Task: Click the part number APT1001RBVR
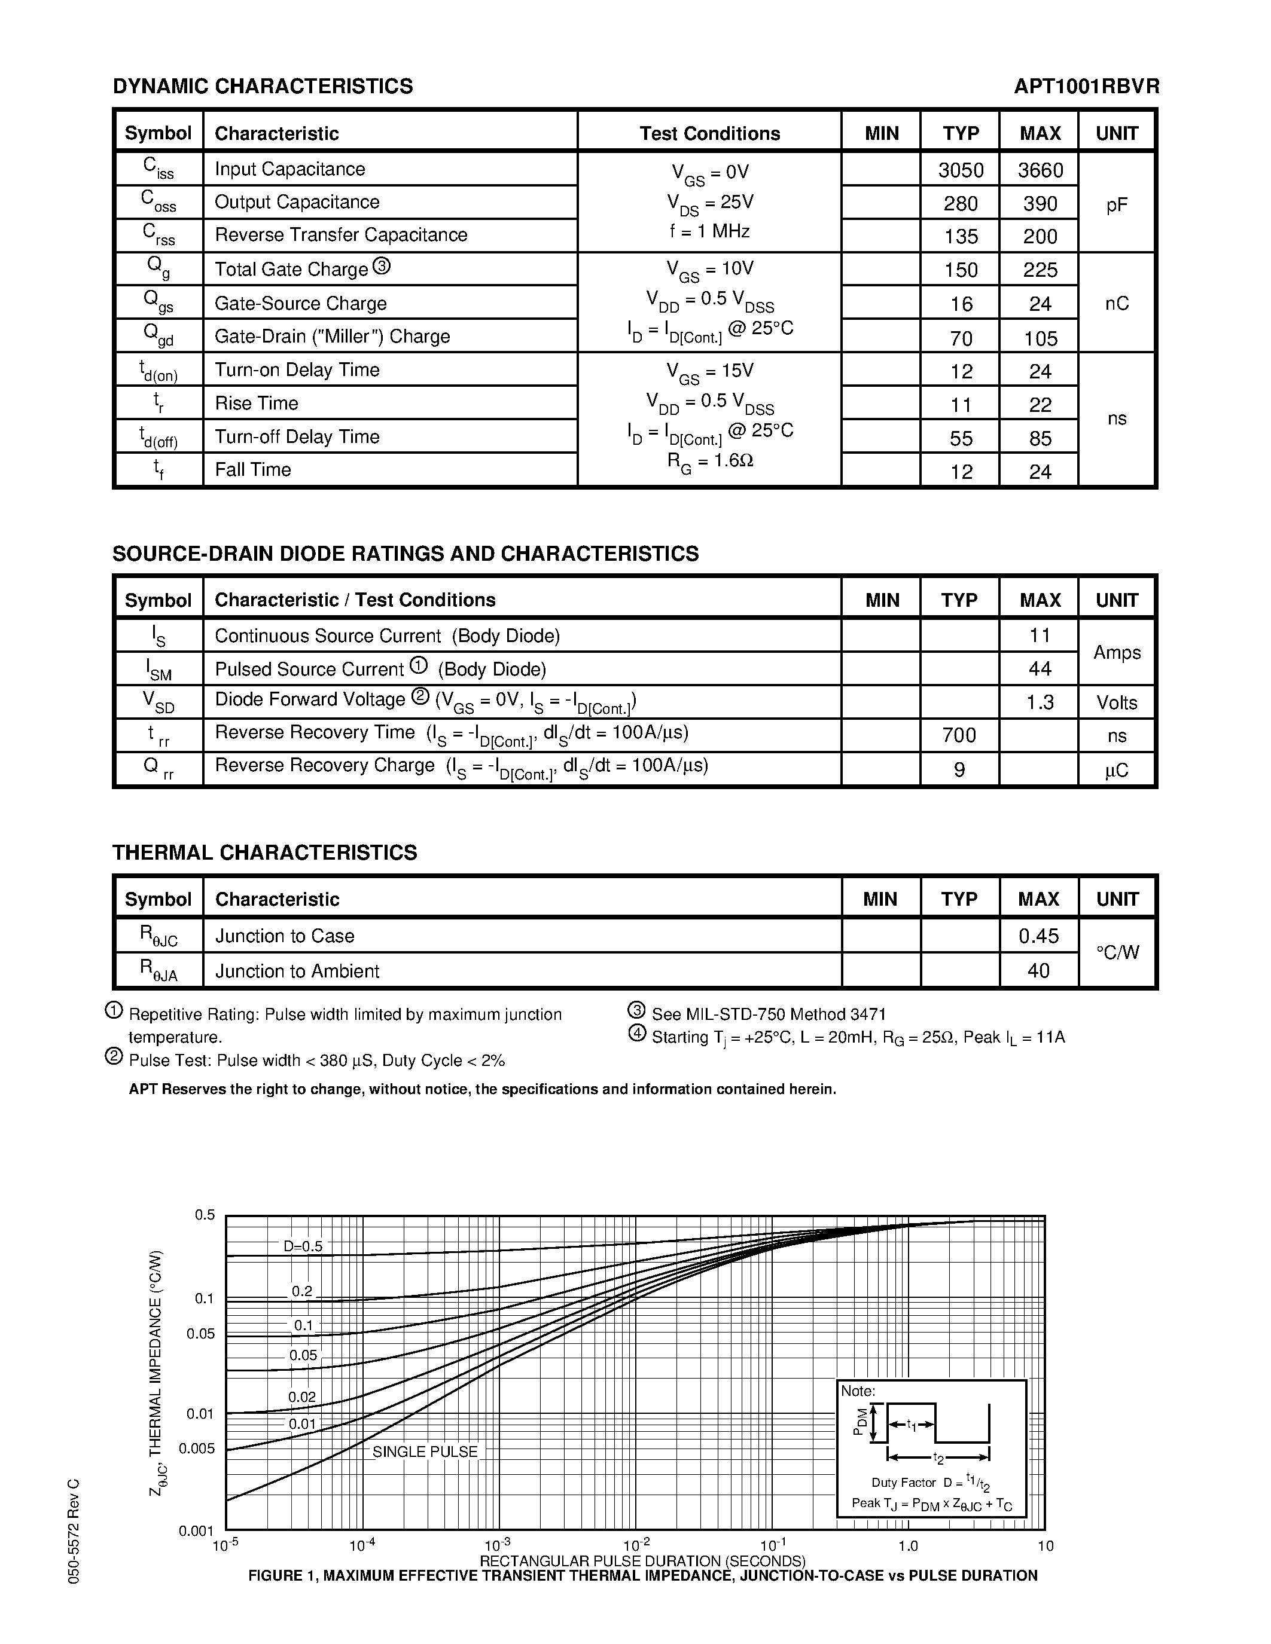point(1086,87)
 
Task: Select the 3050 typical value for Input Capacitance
point(960,170)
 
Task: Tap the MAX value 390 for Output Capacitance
point(1040,203)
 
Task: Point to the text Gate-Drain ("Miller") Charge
point(332,337)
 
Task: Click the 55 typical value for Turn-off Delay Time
point(960,438)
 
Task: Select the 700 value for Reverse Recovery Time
point(959,735)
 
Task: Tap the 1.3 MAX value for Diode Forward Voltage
point(1040,702)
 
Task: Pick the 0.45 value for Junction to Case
point(1038,936)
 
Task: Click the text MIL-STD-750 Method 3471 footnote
point(768,1014)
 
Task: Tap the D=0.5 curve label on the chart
point(303,1246)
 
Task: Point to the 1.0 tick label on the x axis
point(908,1546)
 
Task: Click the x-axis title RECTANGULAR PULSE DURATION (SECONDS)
point(642,1560)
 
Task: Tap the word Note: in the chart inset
point(858,1391)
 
